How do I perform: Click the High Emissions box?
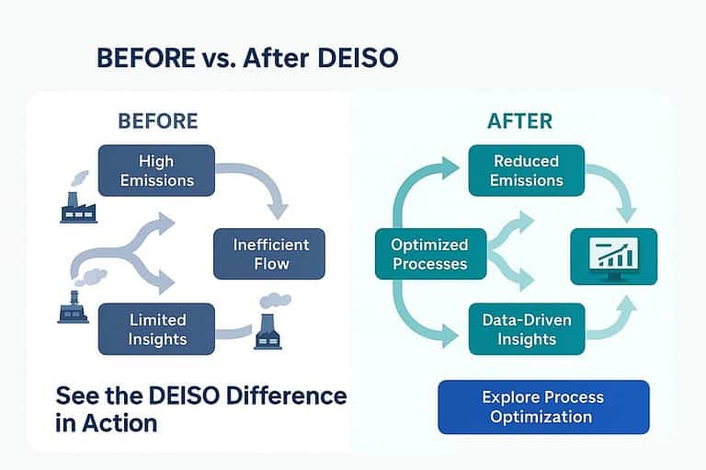click(x=155, y=170)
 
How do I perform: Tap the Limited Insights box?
click(x=155, y=329)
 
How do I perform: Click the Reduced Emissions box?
click(x=526, y=170)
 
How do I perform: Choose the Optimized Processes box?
click(x=429, y=254)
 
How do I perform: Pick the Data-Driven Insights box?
click(x=526, y=329)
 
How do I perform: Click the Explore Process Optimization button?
click(x=543, y=407)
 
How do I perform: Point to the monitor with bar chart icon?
click(x=613, y=253)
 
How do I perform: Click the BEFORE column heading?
click(x=157, y=120)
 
